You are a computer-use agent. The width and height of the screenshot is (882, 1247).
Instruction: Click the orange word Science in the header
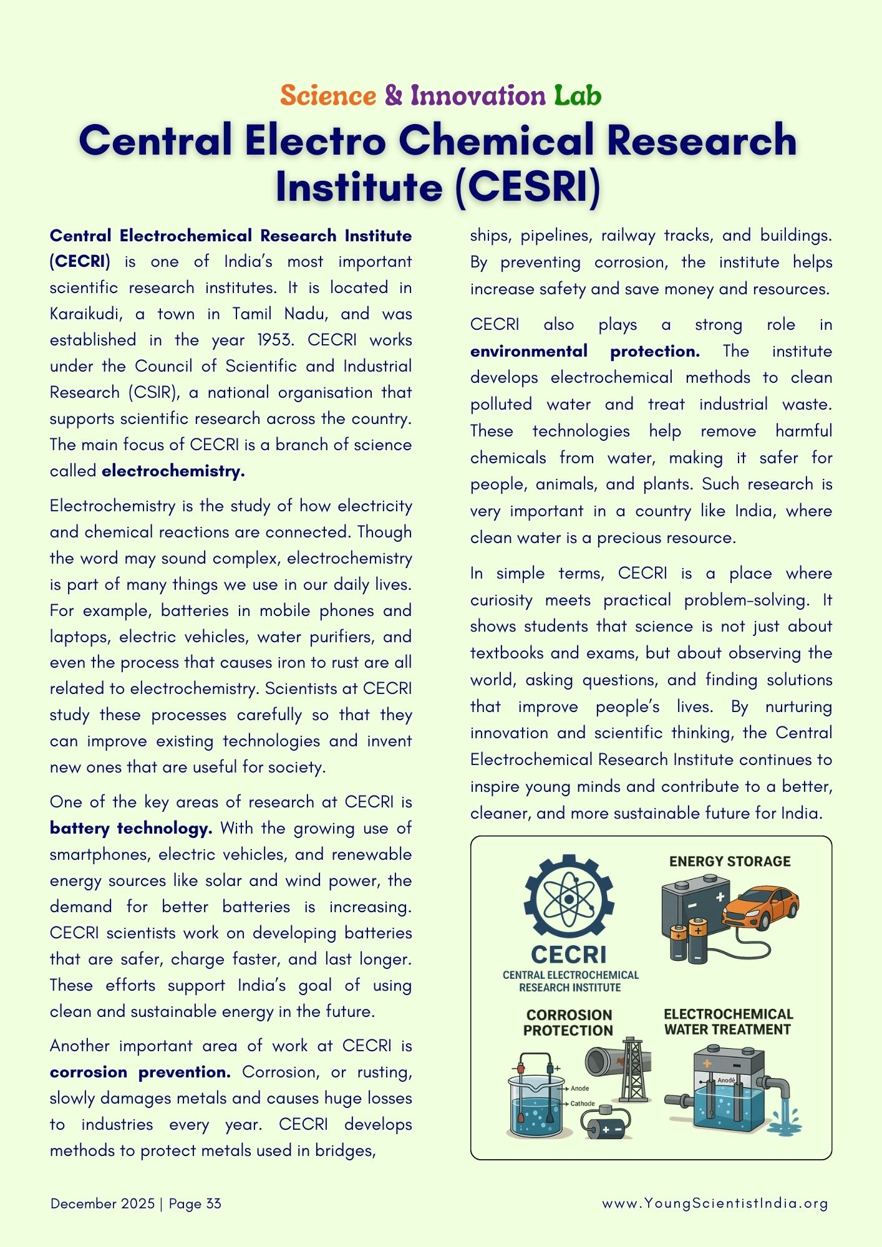click(x=328, y=95)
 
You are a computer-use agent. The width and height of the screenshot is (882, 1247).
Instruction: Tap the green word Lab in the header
click(x=578, y=95)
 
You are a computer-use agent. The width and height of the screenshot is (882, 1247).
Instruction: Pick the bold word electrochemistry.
click(x=173, y=471)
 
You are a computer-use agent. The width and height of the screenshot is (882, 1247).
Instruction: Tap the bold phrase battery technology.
click(x=131, y=828)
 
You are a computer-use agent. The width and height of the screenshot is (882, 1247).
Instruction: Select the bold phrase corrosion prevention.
click(x=140, y=1072)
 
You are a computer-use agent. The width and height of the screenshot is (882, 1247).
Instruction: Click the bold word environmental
click(x=529, y=351)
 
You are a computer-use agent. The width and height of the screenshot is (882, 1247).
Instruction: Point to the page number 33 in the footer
click(x=213, y=1203)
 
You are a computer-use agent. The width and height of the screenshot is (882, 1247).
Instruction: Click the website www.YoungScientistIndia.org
click(x=715, y=1203)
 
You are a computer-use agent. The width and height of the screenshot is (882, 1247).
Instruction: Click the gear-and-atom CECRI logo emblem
click(x=569, y=899)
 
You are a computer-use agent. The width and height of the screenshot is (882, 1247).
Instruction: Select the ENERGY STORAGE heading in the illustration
click(x=730, y=861)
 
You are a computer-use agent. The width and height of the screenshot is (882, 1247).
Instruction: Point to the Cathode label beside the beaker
click(x=583, y=1104)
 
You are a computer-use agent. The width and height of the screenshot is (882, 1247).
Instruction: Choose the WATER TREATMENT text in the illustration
click(x=727, y=1029)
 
